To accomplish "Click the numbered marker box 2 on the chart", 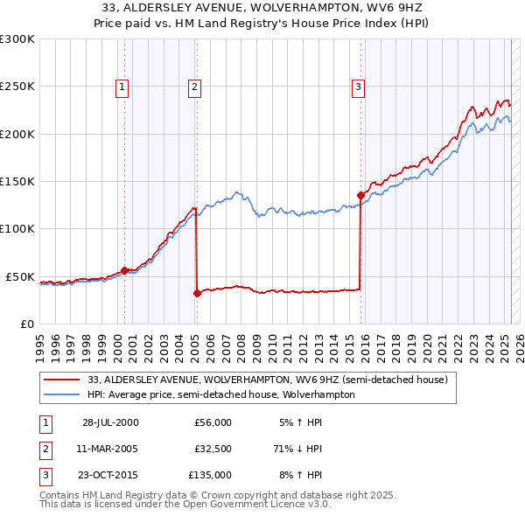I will click(x=193, y=87).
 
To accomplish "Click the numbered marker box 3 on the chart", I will click(x=358, y=87).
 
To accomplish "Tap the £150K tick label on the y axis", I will click(x=17, y=181).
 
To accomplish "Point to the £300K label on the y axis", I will click(x=17, y=39).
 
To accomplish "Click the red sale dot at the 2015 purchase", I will click(x=360, y=195).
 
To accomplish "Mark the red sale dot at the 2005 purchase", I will click(x=197, y=293).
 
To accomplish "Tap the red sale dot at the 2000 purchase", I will click(x=125, y=270).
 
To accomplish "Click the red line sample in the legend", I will click(x=61, y=380).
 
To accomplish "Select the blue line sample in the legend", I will click(x=61, y=394).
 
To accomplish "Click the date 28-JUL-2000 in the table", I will click(x=110, y=422).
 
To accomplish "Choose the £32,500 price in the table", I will click(x=213, y=449).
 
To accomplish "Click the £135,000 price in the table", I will click(x=210, y=475).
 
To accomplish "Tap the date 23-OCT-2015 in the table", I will click(x=110, y=475).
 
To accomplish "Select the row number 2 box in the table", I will click(x=44, y=449).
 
